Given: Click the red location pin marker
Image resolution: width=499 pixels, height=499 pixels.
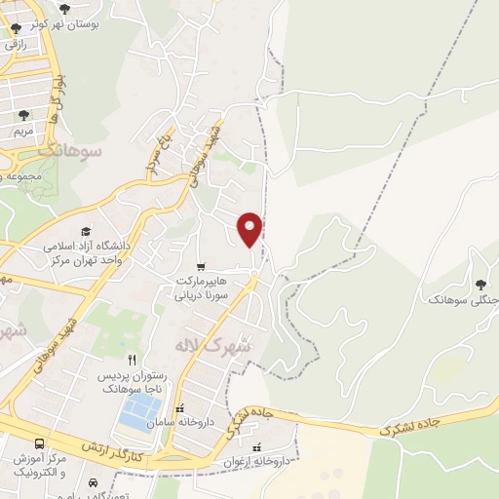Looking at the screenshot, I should click(x=250, y=229).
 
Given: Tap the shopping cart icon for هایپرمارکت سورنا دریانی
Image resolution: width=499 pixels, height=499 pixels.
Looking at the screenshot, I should click(x=201, y=266).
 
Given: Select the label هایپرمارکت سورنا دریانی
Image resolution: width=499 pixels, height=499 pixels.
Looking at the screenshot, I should click(x=200, y=287).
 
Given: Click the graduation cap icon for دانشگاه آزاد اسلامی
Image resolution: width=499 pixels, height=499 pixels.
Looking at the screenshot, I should click(x=86, y=232).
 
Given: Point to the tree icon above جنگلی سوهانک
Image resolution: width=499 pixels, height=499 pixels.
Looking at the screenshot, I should click(x=480, y=285).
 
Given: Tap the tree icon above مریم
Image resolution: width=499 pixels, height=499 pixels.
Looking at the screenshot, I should click(x=22, y=114).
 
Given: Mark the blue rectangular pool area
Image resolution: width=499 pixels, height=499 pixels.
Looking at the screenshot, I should click(x=138, y=413).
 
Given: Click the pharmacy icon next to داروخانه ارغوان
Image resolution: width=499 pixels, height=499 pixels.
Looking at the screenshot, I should click(x=257, y=447).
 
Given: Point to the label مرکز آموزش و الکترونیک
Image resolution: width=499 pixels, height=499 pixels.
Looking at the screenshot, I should click(x=41, y=465).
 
